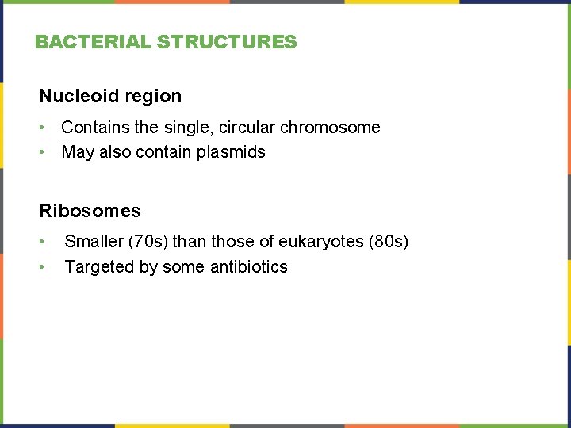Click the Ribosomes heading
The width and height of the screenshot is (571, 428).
90,211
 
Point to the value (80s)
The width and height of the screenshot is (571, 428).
389,242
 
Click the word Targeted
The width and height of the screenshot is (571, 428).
99,267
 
